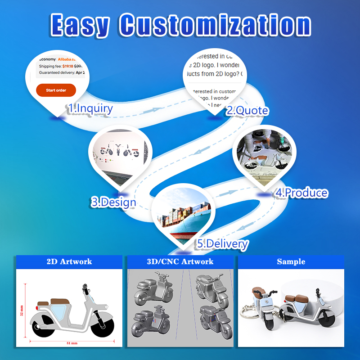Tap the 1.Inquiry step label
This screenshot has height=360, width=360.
pyautogui.click(x=90, y=108)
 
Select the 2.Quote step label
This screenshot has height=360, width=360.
pyautogui.click(x=247, y=111)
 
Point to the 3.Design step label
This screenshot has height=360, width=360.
pyautogui.click(x=113, y=202)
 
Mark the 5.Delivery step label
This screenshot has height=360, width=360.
pyautogui.click(x=222, y=244)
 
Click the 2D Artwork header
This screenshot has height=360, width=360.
pyautogui.click(x=69, y=262)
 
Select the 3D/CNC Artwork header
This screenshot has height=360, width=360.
pyautogui.click(x=180, y=262)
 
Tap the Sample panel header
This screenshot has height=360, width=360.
pyautogui.click(x=291, y=262)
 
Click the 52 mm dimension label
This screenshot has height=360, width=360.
pyautogui.click(x=22, y=310)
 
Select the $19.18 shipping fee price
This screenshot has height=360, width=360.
pyautogui.click(x=67, y=66)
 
